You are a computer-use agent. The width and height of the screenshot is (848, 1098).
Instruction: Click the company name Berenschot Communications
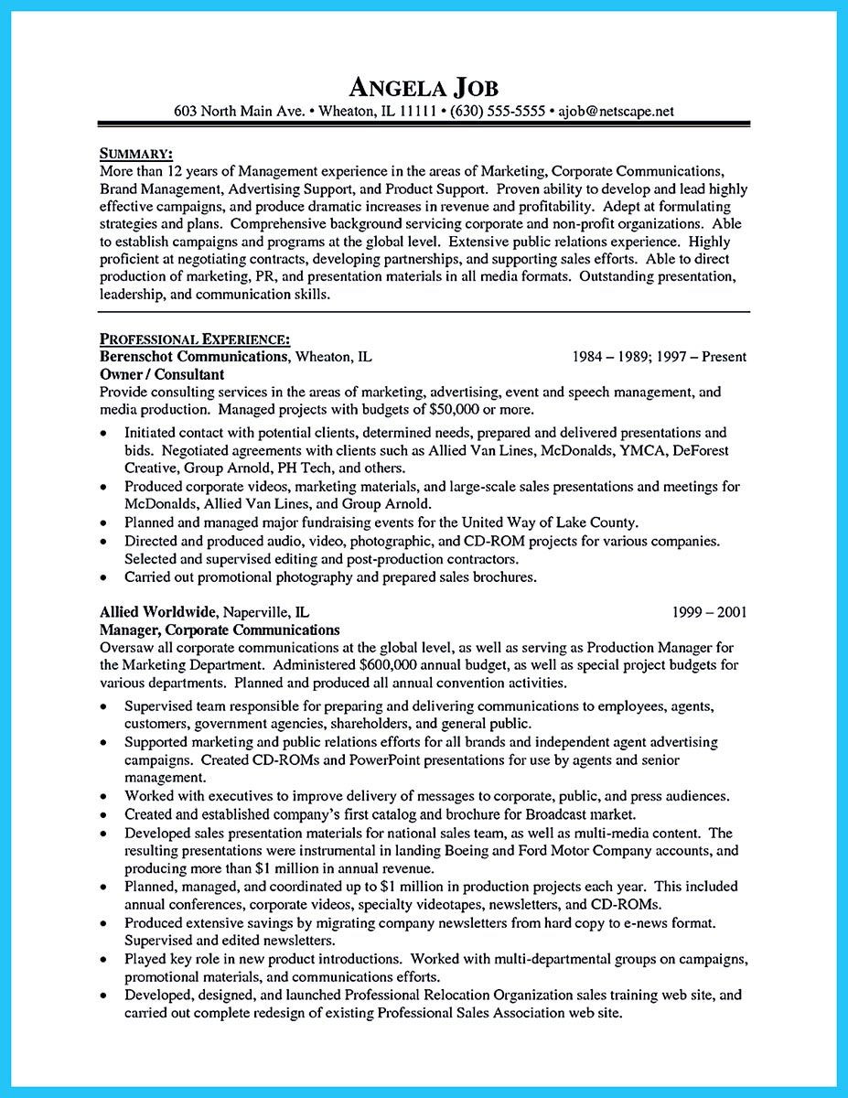coord(192,357)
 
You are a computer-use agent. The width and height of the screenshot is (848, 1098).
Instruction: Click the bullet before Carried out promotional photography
coord(104,577)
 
